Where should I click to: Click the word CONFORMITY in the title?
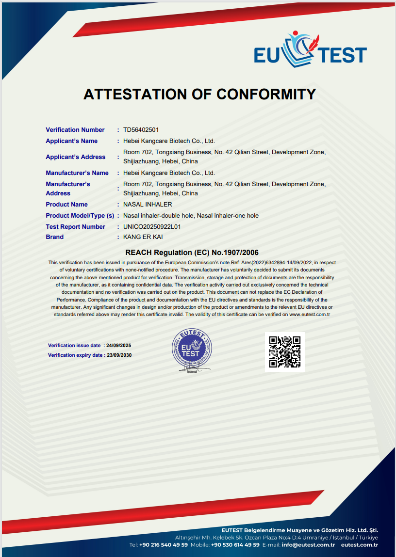tap(266, 94)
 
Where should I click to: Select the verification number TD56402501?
tap(141, 130)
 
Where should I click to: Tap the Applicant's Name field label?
tap(71, 141)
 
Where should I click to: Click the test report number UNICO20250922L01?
tap(152, 227)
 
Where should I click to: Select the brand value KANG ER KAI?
tap(143, 237)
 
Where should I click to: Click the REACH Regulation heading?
tap(192, 253)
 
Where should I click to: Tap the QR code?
tap(285, 352)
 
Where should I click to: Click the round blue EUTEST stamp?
tap(192, 349)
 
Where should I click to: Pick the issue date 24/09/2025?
tap(119, 346)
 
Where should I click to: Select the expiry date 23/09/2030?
tap(119, 355)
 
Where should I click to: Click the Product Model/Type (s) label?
tap(80, 216)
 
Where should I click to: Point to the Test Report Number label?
tap(75, 227)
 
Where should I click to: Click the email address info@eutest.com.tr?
tap(309, 545)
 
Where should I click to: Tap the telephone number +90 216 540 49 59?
tap(164, 545)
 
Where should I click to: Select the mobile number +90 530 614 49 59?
tap(235, 545)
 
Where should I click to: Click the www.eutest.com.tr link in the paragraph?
tap(310, 314)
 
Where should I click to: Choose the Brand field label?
tap(55, 237)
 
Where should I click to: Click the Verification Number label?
tap(75, 130)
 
